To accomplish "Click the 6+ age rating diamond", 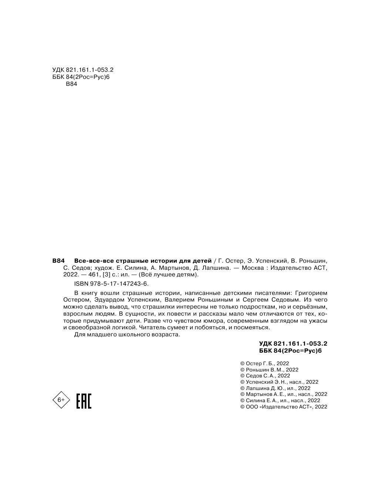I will tap(61, 400).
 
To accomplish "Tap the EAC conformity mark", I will tap(84, 401).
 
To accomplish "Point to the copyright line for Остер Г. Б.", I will tap(264, 363).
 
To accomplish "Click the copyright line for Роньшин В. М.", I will tap(269, 370).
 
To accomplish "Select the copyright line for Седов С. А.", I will tap(265, 376).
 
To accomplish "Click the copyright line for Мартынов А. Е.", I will tap(284, 394).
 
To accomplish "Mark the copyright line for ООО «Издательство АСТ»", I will tap(284, 407).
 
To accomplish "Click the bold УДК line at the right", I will tap(293, 343).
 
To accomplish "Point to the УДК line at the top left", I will tap(82, 70).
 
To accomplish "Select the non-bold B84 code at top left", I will tap(71, 84).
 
